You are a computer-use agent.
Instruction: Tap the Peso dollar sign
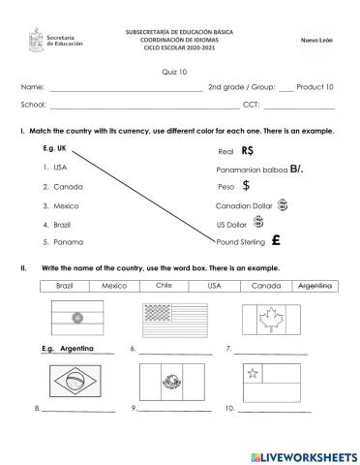(x=247, y=186)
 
